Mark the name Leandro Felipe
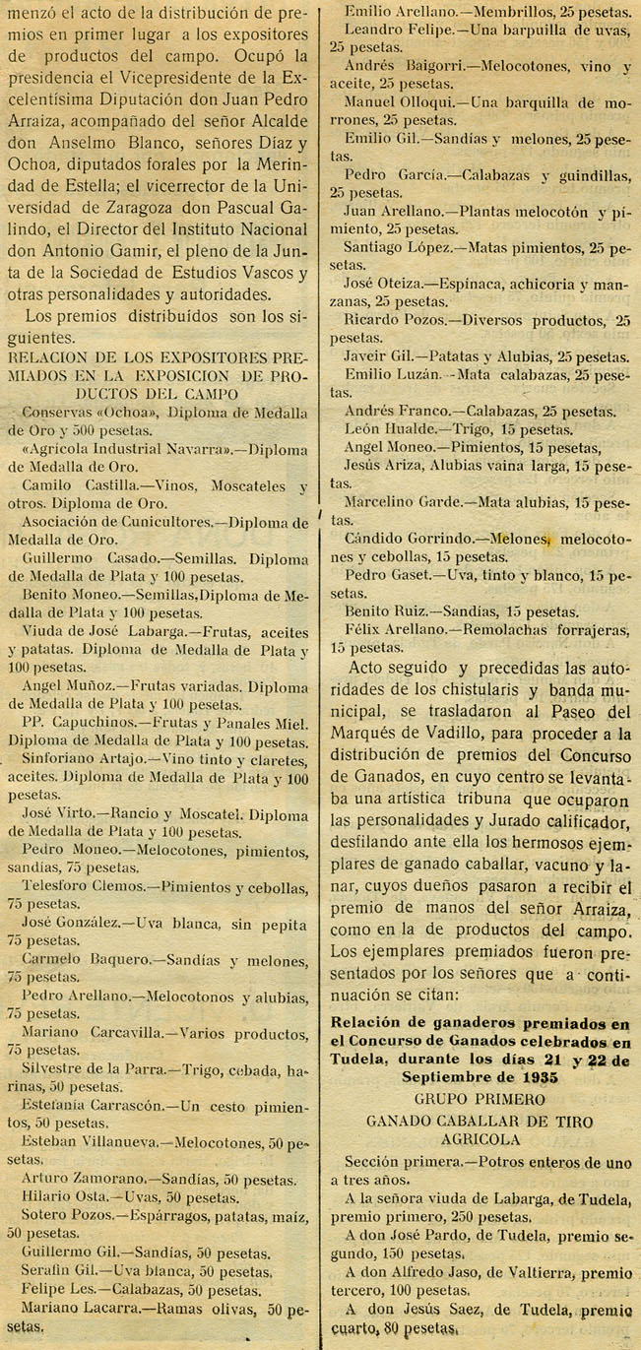pos(393,32)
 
